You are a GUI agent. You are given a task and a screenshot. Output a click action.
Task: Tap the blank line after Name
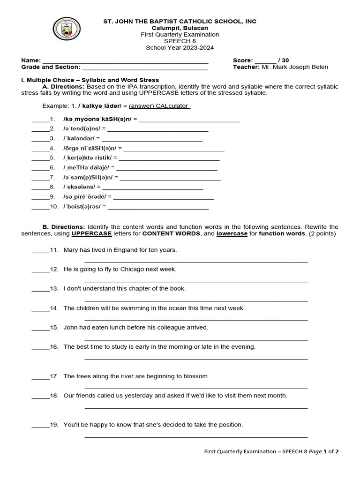coord(125,61)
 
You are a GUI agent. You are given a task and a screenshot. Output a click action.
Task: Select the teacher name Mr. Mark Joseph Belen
coord(295,67)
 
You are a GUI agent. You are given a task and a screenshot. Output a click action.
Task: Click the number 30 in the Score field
coord(286,60)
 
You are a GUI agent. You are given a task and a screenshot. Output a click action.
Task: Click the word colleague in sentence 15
coord(167,328)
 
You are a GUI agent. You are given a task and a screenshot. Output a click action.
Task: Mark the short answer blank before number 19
coord(40,426)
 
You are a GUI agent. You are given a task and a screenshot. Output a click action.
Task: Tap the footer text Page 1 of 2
coord(323,452)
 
